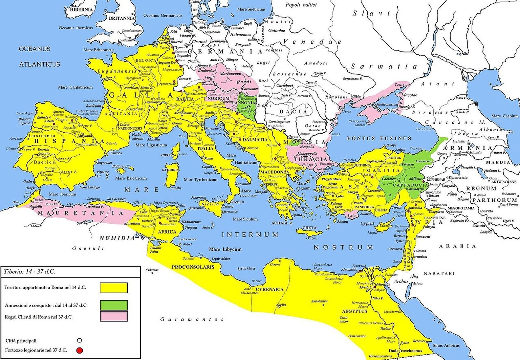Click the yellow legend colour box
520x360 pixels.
coord(114,288)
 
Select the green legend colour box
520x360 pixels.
coord(114,305)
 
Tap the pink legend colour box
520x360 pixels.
coord(114,317)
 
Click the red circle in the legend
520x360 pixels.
coord(80,350)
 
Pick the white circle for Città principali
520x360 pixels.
coord(80,341)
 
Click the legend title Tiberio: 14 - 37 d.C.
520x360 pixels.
coord(29,271)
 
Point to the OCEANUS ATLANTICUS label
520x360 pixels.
coord(39,57)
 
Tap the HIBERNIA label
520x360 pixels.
coord(81,9)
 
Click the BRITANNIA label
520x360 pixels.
coord(122,18)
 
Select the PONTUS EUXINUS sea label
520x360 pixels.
coord(379,138)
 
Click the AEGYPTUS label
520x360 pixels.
coord(354,311)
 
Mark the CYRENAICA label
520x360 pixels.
coord(269,290)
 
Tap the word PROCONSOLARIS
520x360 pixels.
coord(193,267)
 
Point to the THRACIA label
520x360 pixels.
coord(311,159)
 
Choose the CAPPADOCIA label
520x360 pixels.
coord(410,186)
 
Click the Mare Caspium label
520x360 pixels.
coord(505,116)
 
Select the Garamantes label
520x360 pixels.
coord(192,319)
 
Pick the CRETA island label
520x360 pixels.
coord(309,228)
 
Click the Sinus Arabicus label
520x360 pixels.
coord(446,345)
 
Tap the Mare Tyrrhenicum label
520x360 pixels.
coord(200,180)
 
